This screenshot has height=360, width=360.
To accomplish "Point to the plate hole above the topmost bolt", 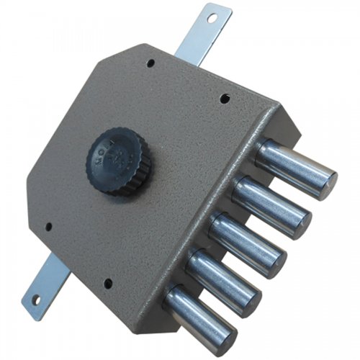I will (225, 96).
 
